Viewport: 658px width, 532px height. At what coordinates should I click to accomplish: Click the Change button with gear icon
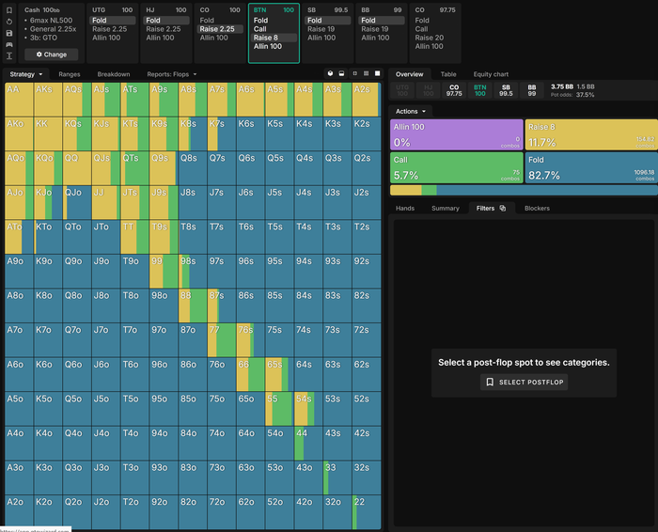[50, 55]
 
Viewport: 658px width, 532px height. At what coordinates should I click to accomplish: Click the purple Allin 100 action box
[456, 134]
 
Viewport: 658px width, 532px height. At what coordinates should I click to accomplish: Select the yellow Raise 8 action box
[589, 134]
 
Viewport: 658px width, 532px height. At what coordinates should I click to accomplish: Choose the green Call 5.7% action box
[456, 167]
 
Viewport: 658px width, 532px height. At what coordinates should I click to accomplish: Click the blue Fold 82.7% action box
[589, 167]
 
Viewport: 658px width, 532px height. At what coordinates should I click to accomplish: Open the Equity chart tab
[490, 74]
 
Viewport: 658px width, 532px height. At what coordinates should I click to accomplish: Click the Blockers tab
[537, 208]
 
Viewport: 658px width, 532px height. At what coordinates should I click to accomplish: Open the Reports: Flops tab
[167, 73]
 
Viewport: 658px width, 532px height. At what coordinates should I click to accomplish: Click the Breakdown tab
[114, 73]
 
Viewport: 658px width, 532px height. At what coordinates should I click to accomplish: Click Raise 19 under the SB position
[321, 29]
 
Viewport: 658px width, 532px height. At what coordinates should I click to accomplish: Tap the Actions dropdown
[412, 111]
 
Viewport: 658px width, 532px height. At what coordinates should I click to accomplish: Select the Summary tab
[446, 208]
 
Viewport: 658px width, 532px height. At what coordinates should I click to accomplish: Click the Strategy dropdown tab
[26, 73]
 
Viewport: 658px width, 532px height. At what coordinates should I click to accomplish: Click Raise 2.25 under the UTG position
[110, 29]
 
